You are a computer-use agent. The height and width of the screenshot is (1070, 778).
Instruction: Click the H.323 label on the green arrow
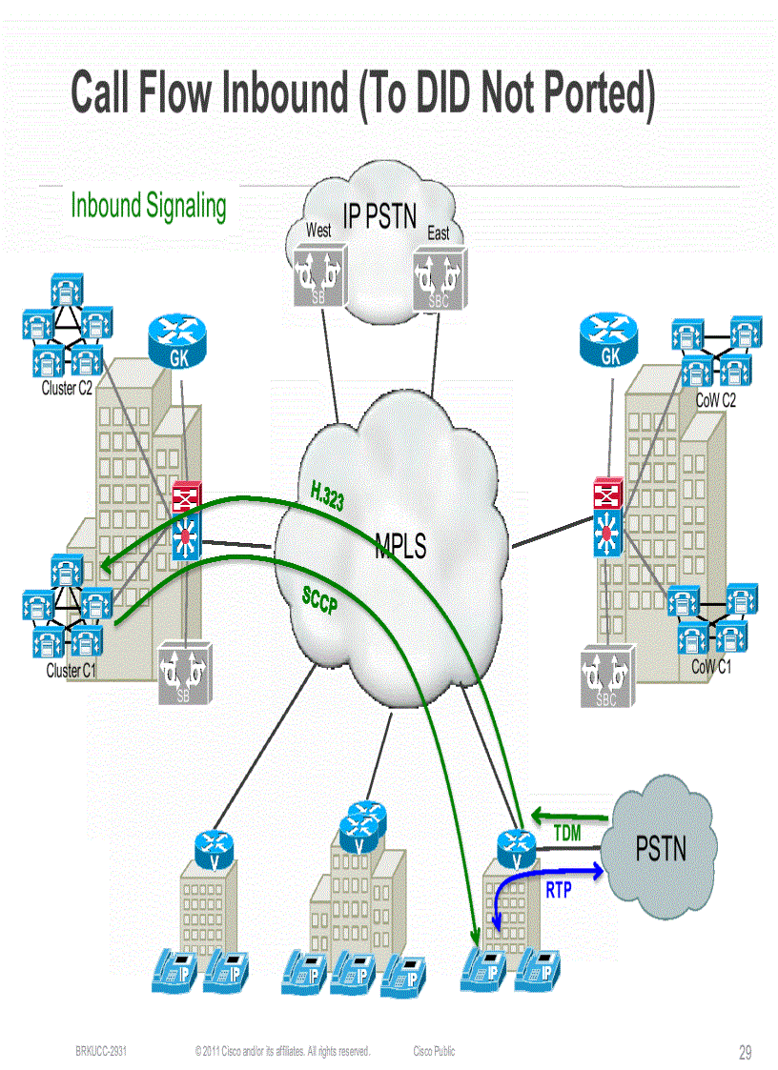click(327, 496)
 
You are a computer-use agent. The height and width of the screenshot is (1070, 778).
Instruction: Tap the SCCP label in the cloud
click(319, 601)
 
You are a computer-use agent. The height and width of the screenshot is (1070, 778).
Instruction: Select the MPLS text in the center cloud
click(400, 546)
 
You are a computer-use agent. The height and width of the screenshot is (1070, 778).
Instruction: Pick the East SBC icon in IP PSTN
click(439, 278)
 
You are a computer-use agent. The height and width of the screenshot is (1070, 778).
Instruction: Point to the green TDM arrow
click(569, 816)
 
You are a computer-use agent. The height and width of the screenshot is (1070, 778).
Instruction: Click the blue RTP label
click(559, 891)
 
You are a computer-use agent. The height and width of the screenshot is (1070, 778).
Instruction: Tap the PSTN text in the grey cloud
click(661, 847)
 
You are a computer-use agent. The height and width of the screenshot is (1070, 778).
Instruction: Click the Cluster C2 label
click(67, 389)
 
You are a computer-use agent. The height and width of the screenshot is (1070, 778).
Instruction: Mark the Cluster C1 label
click(72, 671)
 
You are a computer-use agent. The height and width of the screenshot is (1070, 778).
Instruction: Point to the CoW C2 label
click(715, 401)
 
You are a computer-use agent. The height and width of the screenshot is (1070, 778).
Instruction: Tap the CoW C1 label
click(711, 667)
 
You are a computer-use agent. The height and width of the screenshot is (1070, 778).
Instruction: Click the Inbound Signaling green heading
click(149, 206)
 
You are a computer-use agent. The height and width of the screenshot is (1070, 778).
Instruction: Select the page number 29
click(745, 1053)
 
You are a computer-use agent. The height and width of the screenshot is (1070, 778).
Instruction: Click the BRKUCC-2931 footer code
click(102, 1052)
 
